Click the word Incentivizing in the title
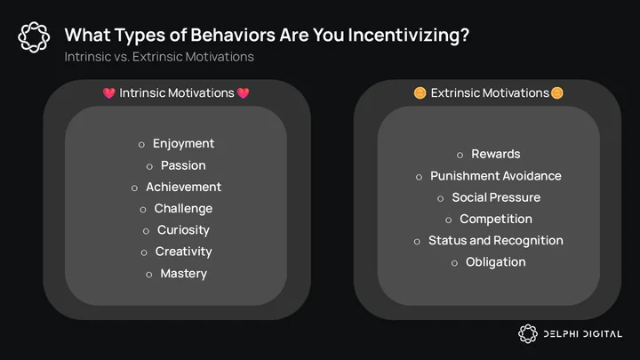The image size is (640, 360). click(409, 35)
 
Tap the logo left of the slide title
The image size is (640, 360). click(34, 37)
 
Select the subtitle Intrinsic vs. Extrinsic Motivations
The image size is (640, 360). click(159, 57)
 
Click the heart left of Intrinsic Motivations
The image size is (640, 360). click(109, 93)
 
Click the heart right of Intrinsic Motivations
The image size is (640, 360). click(243, 93)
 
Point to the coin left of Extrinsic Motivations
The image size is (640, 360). click(420, 93)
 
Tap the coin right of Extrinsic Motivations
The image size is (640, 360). click(556, 93)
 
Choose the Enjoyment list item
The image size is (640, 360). click(183, 144)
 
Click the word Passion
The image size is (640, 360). click(183, 165)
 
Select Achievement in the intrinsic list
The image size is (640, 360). click(184, 187)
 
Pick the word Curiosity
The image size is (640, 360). click(183, 230)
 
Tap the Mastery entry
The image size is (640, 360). click(183, 274)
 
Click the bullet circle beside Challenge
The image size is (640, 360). click(143, 210)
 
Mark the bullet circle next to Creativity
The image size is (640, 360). click(144, 253)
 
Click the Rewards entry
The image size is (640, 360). click(496, 154)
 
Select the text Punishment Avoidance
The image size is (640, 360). click(496, 176)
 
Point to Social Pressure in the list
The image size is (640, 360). click(496, 197)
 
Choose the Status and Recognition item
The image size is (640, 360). click(496, 241)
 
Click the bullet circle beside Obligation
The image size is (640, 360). click(455, 264)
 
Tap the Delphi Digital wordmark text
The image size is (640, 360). click(583, 334)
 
